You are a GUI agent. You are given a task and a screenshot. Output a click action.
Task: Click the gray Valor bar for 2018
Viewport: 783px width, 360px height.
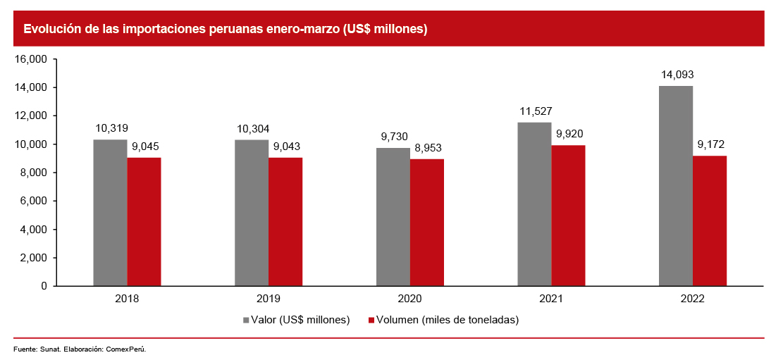[x=110, y=213]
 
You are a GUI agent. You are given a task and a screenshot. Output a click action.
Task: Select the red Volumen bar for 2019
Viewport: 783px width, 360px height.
[x=285, y=222]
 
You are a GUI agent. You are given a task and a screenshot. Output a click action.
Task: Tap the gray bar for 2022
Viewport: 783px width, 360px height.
[x=676, y=186]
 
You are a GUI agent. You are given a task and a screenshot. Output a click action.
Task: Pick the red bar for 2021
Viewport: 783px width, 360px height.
[x=568, y=216]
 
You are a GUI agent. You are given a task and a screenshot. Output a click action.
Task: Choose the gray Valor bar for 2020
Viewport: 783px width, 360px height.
[x=393, y=217]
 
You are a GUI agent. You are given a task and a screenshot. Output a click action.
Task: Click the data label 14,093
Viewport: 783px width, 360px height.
[x=676, y=74]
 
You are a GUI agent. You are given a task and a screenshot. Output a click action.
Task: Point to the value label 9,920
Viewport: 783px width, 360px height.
[x=568, y=134]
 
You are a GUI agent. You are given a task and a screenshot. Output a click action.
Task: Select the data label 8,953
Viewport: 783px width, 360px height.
[x=427, y=148]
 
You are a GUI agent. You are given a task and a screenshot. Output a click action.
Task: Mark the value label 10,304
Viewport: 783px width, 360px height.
[x=252, y=128]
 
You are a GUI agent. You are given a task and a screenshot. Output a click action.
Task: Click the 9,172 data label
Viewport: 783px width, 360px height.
[x=710, y=144]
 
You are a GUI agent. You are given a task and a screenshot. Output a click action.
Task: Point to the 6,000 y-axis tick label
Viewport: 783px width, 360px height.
[x=33, y=201]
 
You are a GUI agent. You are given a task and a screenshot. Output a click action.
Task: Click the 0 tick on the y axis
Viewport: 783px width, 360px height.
[x=43, y=286]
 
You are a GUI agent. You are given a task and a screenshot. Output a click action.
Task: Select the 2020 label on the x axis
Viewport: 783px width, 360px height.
[x=409, y=299]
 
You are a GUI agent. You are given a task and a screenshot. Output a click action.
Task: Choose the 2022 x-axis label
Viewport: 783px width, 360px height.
[x=692, y=299]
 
